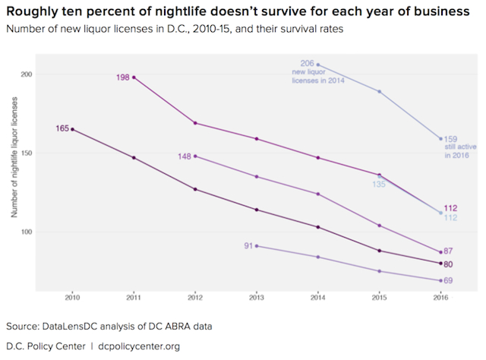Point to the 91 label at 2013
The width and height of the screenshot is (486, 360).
coord(248,245)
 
